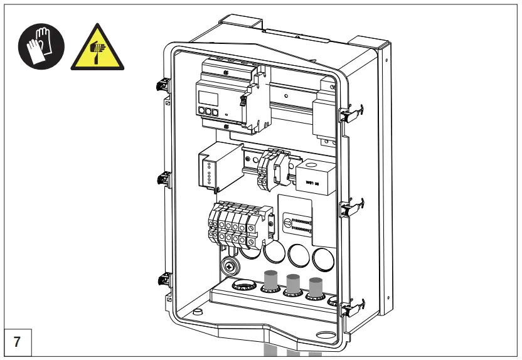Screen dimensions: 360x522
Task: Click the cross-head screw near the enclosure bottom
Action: [230, 267]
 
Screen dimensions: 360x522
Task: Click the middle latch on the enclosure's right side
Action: [351, 207]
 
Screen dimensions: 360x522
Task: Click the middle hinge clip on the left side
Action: [162, 179]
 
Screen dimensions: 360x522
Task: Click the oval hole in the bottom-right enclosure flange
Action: [326, 336]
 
